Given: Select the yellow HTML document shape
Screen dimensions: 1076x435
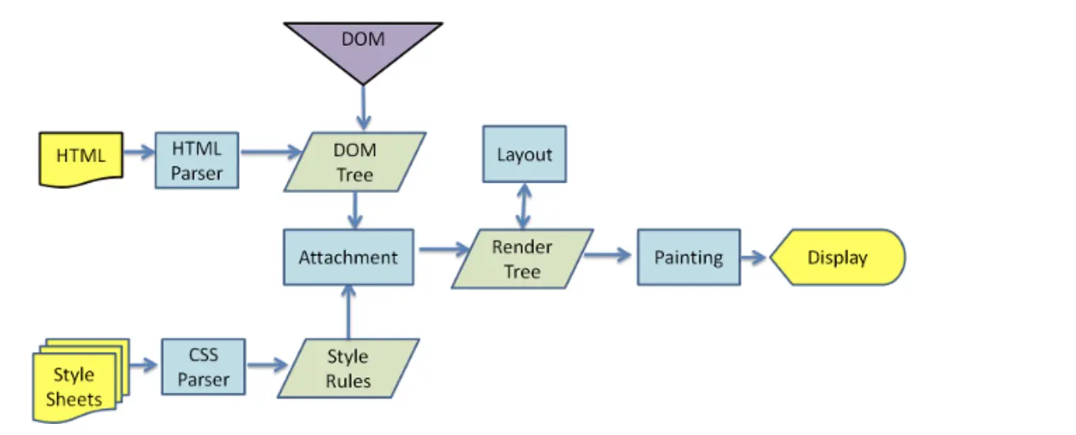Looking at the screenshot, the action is pyautogui.click(x=81, y=158).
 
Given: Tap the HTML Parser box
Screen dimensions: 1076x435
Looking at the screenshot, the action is pyautogui.click(x=197, y=161).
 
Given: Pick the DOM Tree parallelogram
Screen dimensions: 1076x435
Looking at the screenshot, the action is pyautogui.click(x=355, y=162).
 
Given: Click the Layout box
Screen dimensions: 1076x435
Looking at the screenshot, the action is pyautogui.click(x=525, y=154).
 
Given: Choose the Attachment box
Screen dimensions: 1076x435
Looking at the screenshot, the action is pyautogui.click(x=349, y=257).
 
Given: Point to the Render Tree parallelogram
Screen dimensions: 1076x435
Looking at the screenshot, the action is pyautogui.click(x=523, y=259).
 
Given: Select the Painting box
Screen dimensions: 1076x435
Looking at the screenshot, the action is pyautogui.click(x=689, y=257).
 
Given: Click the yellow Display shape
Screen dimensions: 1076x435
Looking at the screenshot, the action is pyautogui.click(x=838, y=257).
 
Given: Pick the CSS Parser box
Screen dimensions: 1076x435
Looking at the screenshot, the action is pyautogui.click(x=203, y=367).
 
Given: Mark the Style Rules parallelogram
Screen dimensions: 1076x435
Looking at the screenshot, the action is pyautogui.click(x=349, y=369).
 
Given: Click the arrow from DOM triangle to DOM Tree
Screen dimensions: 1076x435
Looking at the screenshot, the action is pyautogui.click(x=364, y=108).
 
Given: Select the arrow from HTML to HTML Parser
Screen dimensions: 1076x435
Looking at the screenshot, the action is pyautogui.click(x=139, y=152).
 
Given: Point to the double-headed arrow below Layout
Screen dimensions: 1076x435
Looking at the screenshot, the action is pyautogui.click(x=524, y=206).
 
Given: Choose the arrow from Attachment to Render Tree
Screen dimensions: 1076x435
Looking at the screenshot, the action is pyautogui.click(x=445, y=249).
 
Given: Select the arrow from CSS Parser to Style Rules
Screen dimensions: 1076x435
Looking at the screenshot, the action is pyautogui.click(x=267, y=365).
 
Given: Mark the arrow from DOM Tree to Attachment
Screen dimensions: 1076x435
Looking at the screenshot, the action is pyautogui.click(x=355, y=210).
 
